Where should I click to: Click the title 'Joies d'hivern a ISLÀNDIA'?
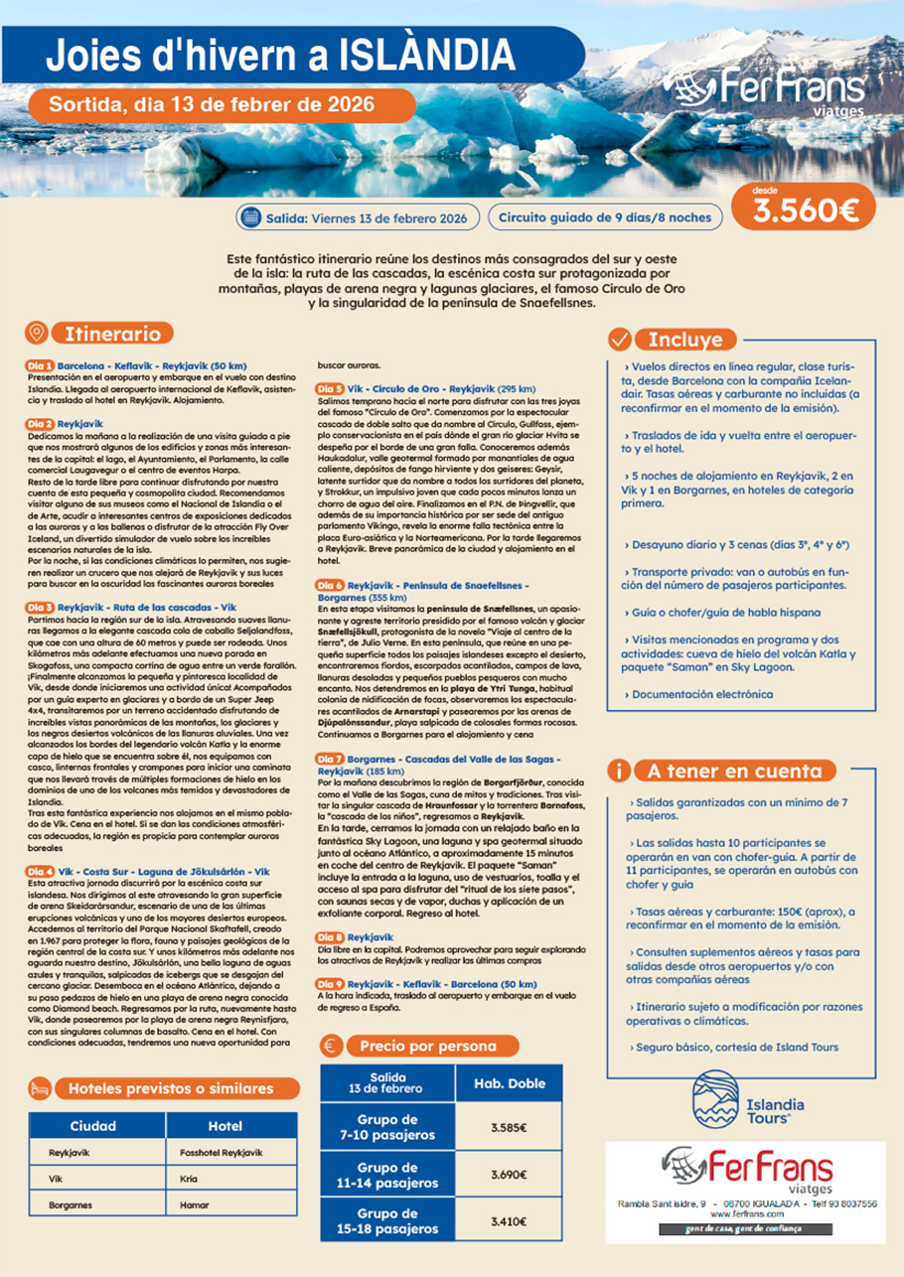(x=281, y=52)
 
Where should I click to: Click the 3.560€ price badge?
(x=805, y=209)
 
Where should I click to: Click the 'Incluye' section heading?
(x=685, y=339)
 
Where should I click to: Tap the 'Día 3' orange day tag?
(x=40, y=607)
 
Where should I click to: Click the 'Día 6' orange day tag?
(x=330, y=586)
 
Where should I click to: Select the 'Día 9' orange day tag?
(x=330, y=983)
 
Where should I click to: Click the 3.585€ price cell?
(x=509, y=1128)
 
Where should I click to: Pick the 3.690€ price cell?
(x=509, y=1176)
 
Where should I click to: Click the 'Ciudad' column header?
(x=92, y=1126)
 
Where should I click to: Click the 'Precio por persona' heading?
(x=427, y=1046)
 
